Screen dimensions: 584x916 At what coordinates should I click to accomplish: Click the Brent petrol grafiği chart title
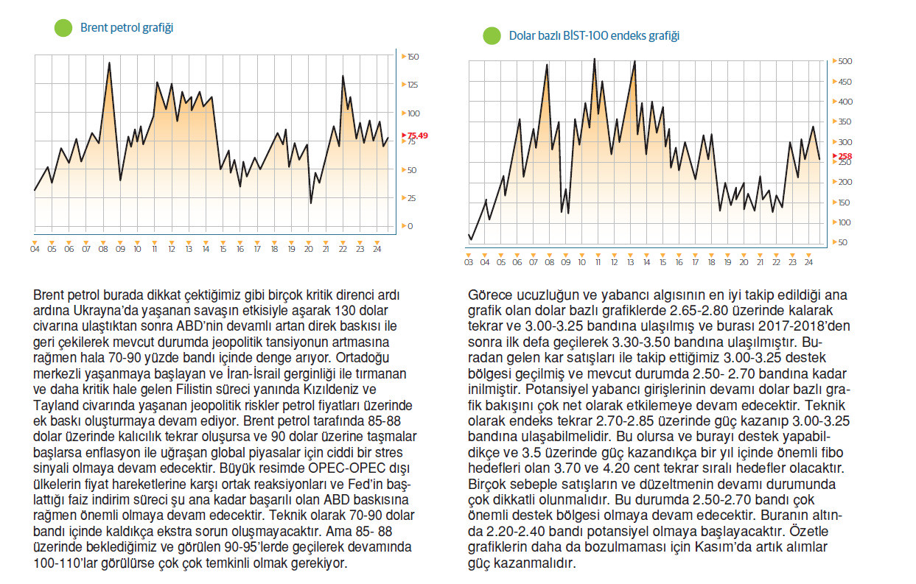pos(127,28)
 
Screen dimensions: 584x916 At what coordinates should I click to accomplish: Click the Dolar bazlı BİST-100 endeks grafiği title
pos(594,35)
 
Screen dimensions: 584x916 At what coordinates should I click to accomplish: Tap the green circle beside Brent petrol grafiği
pos(63,29)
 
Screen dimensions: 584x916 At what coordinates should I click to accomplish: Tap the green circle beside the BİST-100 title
pos(492,36)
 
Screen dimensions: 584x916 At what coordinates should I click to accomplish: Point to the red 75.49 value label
pos(417,136)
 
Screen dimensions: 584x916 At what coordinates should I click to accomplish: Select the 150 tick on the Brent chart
pos(413,57)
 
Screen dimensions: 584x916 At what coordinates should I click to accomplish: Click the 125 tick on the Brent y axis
pos(413,85)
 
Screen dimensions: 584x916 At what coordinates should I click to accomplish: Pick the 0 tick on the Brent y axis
pos(410,226)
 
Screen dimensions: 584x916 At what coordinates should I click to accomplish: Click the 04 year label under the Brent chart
pos(35,250)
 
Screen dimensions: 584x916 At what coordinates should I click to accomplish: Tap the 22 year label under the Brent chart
pos(343,250)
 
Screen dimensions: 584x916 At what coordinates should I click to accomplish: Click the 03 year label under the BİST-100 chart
pos(469,262)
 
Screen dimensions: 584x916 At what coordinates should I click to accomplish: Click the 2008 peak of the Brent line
pos(109,63)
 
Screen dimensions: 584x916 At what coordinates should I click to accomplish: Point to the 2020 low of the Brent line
pos(310,203)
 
